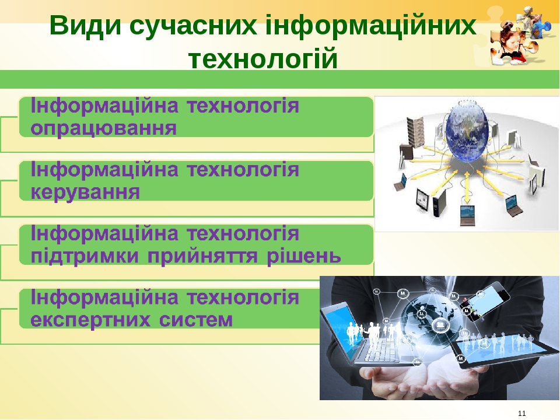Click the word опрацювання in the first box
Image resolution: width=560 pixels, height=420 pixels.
(x=103, y=128)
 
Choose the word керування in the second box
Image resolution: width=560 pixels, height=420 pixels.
(x=85, y=192)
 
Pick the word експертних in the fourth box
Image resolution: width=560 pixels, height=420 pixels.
(x=96, y=320)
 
